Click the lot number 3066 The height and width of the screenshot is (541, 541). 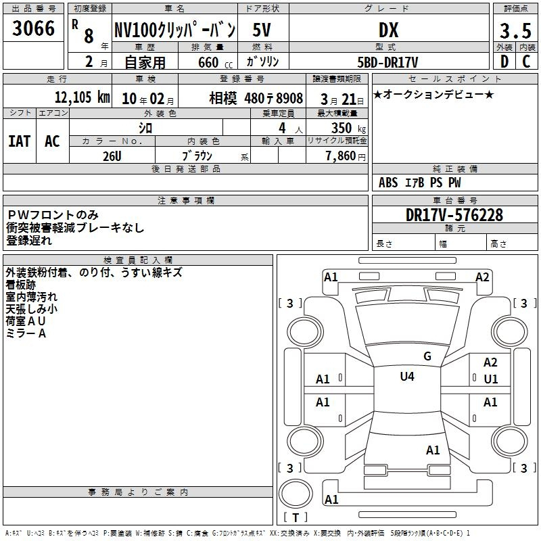click(x=33, y=28)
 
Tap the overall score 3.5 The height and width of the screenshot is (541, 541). click(x=515, y=30)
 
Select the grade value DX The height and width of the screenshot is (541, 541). click(x=388, y=30)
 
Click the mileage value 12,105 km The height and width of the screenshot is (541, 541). click(x=82, y=97)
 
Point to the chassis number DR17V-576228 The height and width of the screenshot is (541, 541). click(x=454, y=215)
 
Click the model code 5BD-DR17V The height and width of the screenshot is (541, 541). click(x=387, y=62)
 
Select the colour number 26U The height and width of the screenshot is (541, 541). click(x=112, y=156)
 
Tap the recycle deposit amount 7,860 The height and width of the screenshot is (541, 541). click(x=341, y=156)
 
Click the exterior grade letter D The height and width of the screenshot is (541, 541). click(x=504, y=62)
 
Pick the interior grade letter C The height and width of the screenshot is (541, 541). click(x=526, y=62)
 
